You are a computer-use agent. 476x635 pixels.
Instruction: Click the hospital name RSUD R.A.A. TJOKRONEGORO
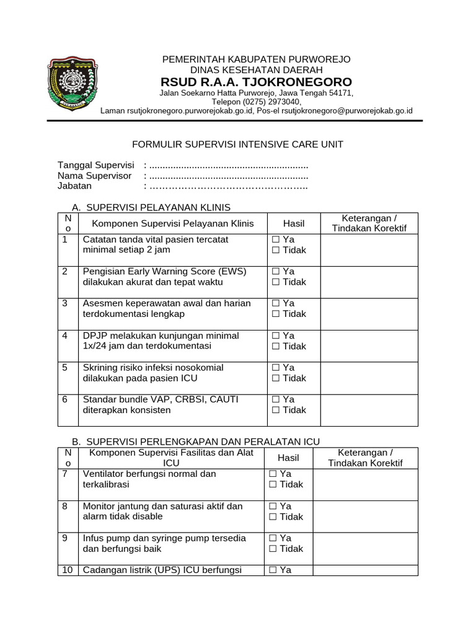click(256, 82)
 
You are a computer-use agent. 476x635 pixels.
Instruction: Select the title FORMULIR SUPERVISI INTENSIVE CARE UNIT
click(238, 144)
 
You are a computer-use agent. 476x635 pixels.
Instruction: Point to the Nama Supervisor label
click(94, 175)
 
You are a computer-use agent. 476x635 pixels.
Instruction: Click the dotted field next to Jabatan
click(228, 185)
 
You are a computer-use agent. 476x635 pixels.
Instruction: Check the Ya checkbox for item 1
click(275, 239)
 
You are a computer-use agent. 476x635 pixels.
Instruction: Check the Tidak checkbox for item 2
click(275, 282)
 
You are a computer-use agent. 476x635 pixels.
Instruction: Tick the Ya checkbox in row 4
click(275, 335)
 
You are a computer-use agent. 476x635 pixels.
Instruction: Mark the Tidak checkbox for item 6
click(275, 410)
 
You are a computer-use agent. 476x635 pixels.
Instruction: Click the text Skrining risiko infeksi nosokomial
click(153, 368)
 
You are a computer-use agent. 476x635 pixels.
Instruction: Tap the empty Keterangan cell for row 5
click(369, 378)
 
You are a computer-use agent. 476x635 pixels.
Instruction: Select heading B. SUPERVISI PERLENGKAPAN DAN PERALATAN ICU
click(196, 442)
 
